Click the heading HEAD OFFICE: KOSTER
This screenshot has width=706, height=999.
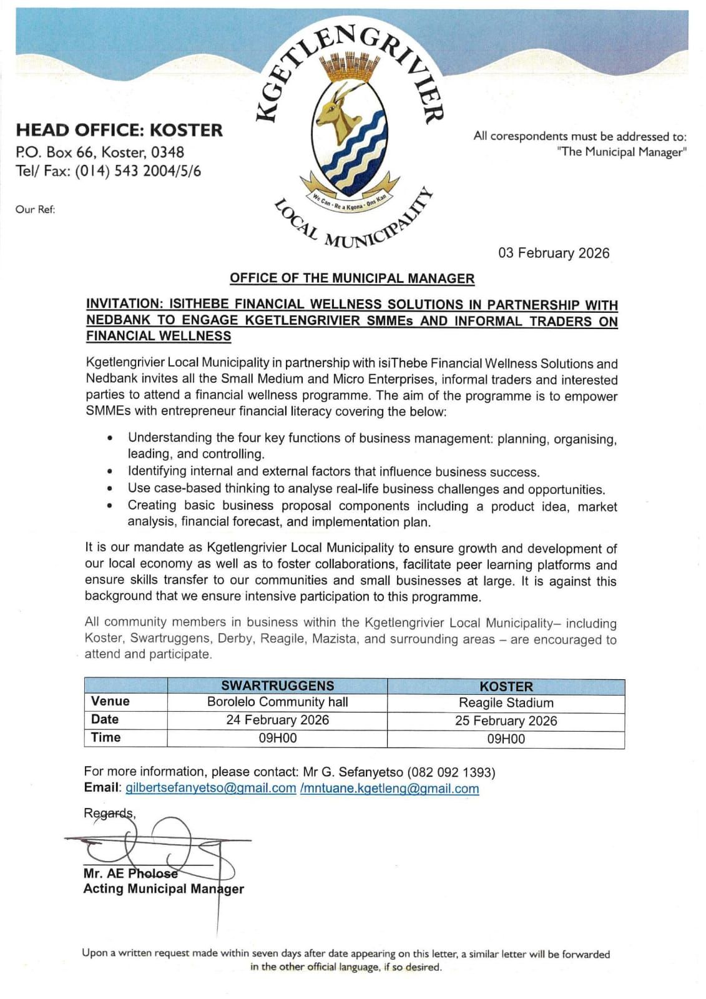tap(119, 130)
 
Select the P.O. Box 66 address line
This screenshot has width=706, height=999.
tap(100, 152)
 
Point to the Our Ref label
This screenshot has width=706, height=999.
tap(36, 210)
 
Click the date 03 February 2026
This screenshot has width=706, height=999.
tap(553, 253)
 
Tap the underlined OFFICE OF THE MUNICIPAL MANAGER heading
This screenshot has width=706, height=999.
tap(352, 278)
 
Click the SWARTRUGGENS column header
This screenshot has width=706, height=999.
tap(277, 686)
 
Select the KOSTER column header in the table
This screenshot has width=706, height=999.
tap(506, 686)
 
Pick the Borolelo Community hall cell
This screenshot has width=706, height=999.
tap(277, 702)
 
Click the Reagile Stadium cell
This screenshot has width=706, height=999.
tap(506, 703)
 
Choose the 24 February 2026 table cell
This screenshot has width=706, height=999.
tap(277, 720)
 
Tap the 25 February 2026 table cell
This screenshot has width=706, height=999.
tap(506, 721)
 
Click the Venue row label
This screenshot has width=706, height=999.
tap(110, 702)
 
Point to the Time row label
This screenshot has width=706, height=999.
tap(106, 737)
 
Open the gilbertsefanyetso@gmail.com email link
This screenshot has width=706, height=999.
tap(211, 788)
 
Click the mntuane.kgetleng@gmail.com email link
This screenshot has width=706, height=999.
tap(391, 789)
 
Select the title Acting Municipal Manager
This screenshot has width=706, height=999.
tap(164, 889)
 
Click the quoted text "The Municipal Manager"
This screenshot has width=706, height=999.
tap(622, 152)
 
